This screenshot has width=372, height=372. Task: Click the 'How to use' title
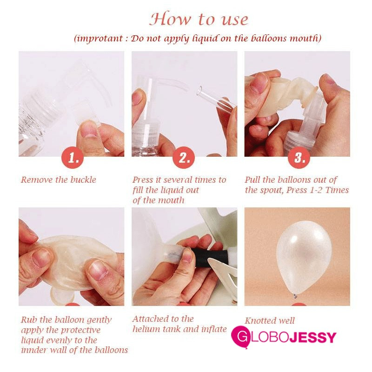[199, 19]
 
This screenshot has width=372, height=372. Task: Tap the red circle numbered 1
[73, 157]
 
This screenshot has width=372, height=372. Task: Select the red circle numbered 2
[184, 157]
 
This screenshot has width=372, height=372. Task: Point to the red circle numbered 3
[299, 157]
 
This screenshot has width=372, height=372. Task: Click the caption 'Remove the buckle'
[59, 180]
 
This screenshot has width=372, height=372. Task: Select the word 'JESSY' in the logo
[313, 337]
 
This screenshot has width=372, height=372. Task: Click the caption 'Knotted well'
[270, 321]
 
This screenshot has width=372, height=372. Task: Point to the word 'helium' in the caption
[146, 329]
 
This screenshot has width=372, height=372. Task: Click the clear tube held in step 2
[216, 99]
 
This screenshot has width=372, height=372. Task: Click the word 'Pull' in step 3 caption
[252, 180]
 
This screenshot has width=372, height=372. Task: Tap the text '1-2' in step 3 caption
[316, 190]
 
